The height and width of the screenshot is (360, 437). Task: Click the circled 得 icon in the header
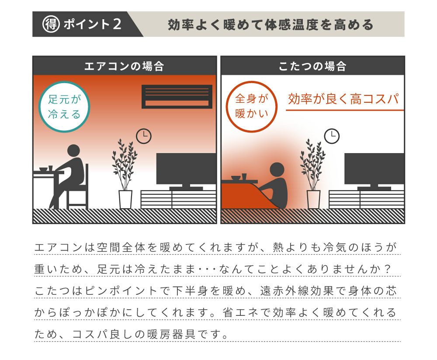point(51,24)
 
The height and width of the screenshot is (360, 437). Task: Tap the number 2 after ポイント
point(117,24)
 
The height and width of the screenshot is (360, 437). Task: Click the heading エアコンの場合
point(124,66)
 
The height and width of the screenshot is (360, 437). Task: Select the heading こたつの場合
point(312,66)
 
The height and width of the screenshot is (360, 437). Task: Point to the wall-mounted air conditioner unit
point(177,97)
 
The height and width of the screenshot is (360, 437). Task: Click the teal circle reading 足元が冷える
point(64,107)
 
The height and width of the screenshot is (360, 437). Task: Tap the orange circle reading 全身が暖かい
point(252,107)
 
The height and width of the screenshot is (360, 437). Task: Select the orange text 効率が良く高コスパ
point(343,99)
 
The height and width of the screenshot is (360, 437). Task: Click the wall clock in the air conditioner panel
point(143,136)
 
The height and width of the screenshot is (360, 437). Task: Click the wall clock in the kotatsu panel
point(332,136)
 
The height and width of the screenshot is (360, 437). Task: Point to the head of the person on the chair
point(73,151)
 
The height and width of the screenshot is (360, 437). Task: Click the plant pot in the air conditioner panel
point(125,199)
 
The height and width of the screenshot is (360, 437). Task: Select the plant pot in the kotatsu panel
point(313,199)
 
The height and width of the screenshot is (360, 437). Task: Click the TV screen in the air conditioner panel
point(186,168)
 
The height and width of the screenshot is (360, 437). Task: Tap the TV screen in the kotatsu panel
point(375,168)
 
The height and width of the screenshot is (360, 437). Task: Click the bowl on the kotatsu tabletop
point(236,178)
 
